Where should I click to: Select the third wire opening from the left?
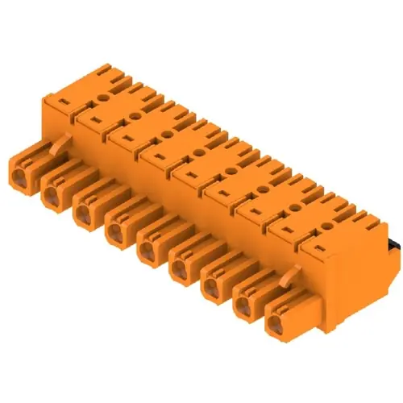point(83,213)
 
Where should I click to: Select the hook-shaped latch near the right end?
point(292,278)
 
